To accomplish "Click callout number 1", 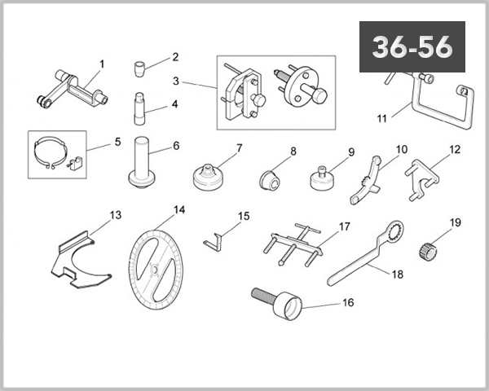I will (102, 63).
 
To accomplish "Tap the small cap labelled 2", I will (143, 64).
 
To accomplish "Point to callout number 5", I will (117, 141).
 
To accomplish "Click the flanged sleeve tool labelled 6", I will (144, 162).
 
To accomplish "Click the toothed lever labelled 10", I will (367, 179).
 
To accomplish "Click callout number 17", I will (344, 226).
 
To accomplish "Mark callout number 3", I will (176, 82).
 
